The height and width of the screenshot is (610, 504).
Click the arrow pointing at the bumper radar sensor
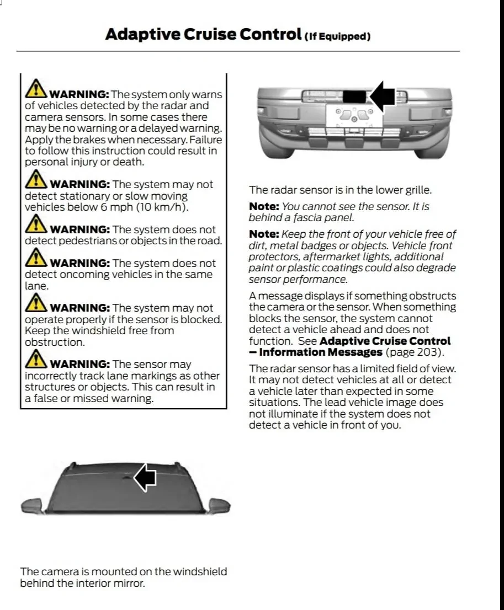383,95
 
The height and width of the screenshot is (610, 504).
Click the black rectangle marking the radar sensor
354,97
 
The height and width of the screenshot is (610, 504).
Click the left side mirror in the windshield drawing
31,504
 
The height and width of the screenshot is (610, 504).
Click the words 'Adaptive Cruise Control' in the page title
203,34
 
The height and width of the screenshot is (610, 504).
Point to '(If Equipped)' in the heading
337,36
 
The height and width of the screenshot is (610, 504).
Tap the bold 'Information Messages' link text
320,352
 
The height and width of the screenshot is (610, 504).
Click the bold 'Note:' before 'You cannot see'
264,206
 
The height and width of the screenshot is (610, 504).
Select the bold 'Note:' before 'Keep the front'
264,234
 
